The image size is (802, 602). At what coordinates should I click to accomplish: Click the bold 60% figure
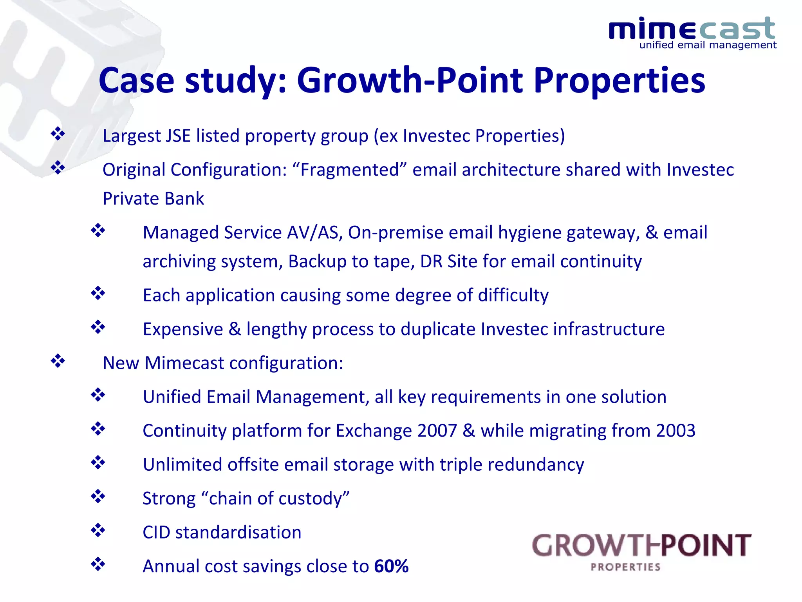tap(391, 566)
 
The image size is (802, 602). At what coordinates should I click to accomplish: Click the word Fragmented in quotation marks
tap(349, 170)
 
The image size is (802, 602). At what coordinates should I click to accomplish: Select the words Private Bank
tap(153, 199)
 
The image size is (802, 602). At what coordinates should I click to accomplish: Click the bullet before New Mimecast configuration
tap(58, 361)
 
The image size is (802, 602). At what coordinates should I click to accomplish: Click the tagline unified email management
tap(708, 45)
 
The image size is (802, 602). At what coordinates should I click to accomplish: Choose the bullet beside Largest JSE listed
tap(58, 134)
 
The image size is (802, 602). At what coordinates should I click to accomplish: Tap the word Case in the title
tap(136, 81)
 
